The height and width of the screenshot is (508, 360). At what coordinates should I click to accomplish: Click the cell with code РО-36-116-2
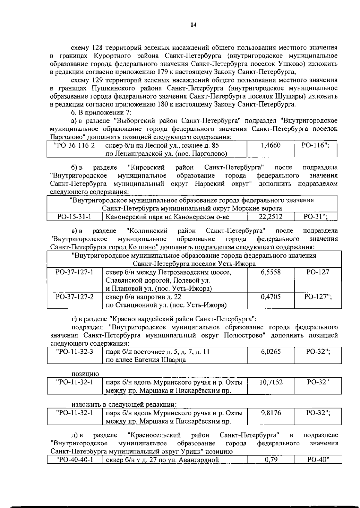coord(74,146)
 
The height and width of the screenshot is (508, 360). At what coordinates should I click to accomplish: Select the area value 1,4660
coord(270,146)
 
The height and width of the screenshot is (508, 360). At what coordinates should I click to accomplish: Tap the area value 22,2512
coord(270,216)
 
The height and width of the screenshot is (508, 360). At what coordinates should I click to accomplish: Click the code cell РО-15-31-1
coord(74,216)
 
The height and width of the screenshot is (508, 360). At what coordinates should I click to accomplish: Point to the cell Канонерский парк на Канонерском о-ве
coord(167,216)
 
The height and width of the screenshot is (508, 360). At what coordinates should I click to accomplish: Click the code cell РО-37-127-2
coord(74,297)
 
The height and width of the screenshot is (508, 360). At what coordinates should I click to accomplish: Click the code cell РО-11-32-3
coord(74,352)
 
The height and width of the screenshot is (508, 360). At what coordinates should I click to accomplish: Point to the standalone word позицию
coord(85,374)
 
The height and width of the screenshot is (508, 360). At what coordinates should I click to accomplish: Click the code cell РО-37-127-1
coord(74,272)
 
